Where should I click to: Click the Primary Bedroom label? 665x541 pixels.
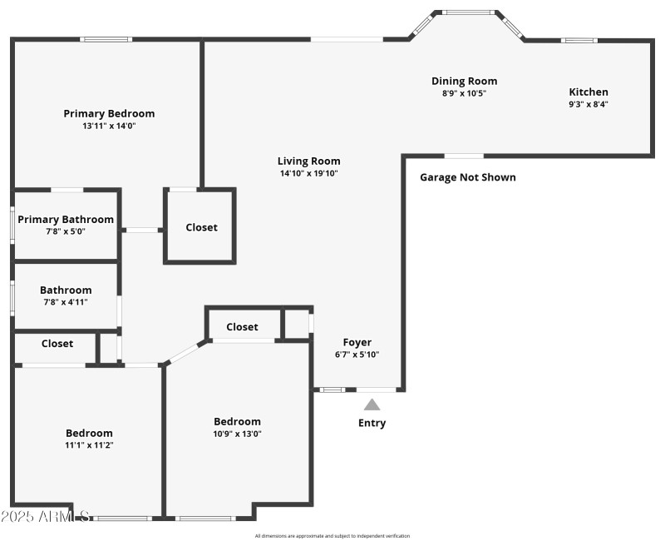tap(109, 114)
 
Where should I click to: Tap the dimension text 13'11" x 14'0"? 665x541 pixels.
tap(109, 127)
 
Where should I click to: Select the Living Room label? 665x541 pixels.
tap(309, 161)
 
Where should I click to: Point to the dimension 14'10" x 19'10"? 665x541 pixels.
tap(309, 174)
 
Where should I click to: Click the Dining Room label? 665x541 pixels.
tap(464, 82)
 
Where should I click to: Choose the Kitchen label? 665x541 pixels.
tap(589, 92)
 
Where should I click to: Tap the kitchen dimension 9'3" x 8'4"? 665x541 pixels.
tap(589, 105)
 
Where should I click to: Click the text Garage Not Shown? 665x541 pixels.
tap(467, 177)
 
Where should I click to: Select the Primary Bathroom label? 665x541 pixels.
tap(66, 220)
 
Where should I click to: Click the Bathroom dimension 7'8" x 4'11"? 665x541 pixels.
tap(66, 302)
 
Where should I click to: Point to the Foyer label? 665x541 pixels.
tap(357, 342)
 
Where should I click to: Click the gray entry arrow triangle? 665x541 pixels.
tap(372, 405)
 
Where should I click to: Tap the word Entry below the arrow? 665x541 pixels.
tap(372, 423)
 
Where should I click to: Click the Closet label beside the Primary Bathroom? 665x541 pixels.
tap(201, 227)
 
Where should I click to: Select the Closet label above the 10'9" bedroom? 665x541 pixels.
tap(242, 327)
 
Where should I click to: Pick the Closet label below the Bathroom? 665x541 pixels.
tap(57, 344)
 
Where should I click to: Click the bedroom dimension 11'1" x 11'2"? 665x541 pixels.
tap(89, 445)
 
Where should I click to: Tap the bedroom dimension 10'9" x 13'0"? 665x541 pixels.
tap(237, 434)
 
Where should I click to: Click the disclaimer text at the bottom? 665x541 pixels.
tap(332, 536)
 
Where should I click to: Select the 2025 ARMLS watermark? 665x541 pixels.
tap(46, 517)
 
